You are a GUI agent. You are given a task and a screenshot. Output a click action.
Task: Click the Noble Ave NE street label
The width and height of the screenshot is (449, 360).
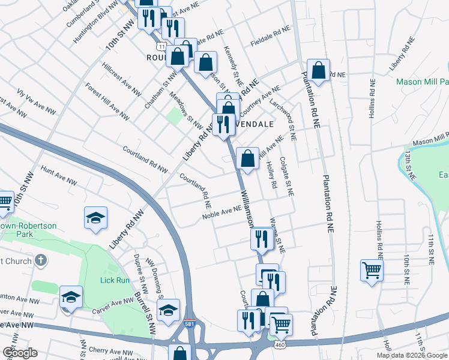(221, 212)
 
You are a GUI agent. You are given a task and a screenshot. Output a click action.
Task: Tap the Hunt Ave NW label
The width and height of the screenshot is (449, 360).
(58, 175)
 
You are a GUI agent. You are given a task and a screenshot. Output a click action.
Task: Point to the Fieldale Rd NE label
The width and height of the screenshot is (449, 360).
(271, 35)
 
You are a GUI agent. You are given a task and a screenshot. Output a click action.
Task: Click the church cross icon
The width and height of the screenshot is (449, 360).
(40, 260)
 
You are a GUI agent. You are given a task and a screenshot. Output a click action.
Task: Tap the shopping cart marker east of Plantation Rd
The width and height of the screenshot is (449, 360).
(372, 269)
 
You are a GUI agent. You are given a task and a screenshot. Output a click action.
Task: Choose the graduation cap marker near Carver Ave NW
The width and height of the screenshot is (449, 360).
(71, 296)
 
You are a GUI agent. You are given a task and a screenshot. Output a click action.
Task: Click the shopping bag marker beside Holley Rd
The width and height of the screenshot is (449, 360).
(247, 158)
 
